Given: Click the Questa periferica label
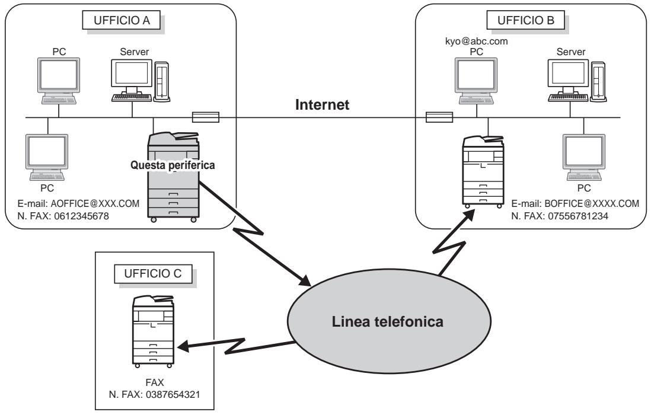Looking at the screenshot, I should pos(171,165).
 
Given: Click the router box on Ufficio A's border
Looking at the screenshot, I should pos(206,117).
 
